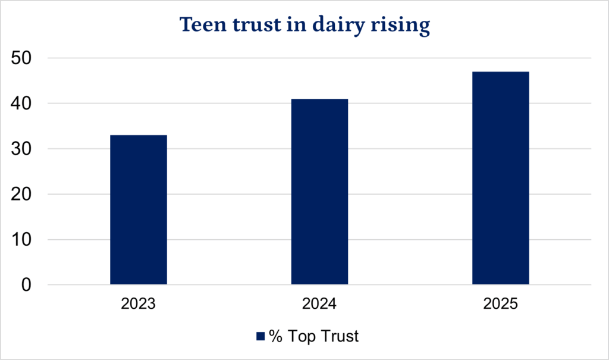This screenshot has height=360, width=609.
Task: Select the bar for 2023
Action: pyautogui.click(x=139, y=209)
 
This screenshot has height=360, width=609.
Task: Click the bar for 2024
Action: pyautogui.click(x=319, y=192)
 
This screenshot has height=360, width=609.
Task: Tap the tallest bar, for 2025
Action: pyautogui.click(x=501, y=178)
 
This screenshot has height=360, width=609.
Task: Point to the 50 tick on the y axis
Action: pyautogui.click(x=21, y=58)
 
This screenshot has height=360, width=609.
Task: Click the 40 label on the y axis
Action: pyautogui.click(x=21, y=104)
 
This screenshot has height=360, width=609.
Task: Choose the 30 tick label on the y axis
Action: pyautogui.click(x=21, y=149)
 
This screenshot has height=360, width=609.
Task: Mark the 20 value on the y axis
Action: pyautogui.click(x=21, y=195)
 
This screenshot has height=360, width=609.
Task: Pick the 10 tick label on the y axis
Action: pyautogui.click(x=21, y=239)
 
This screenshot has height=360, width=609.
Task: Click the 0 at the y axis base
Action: pyautogui.click(x=26, y=285)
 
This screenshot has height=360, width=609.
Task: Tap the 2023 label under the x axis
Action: pyautogui.click(x=138, y=303)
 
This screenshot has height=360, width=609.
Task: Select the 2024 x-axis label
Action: pyautogui.click(x=319, y=303)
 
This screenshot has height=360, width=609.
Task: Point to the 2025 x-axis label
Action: pyautogui.click(x=500, y=303)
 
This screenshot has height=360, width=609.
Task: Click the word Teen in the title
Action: pyautogui.click(x=203, y=24)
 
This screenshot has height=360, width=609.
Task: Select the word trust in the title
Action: pyautogui.click(x=257, y=25)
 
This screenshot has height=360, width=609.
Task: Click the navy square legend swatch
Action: pyautogui.click(x=260, y=336)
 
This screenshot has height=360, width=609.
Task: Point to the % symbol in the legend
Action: pyautogui.click(x=275, y=336)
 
